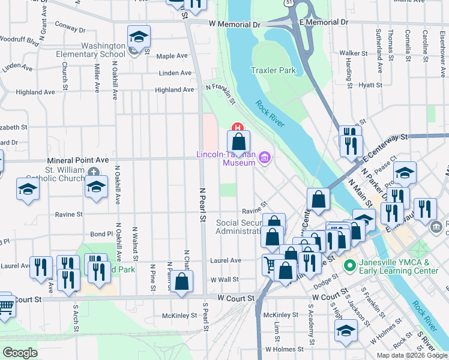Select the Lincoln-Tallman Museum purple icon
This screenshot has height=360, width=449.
tap(265, 158)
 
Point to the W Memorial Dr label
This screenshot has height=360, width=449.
tap(234, 25)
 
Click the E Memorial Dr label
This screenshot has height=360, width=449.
tap(328, 22)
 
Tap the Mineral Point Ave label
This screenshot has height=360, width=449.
tap(78, 160)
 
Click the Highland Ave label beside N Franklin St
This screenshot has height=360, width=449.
tap(174, 90)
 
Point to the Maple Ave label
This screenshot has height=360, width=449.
tap(172, 56)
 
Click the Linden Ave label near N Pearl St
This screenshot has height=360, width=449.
tap(175, 73)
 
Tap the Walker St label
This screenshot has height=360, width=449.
tap(354, 53)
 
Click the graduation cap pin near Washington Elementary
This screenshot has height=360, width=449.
tap(138, 38)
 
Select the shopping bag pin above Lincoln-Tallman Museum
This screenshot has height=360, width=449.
tap(238, 143)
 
